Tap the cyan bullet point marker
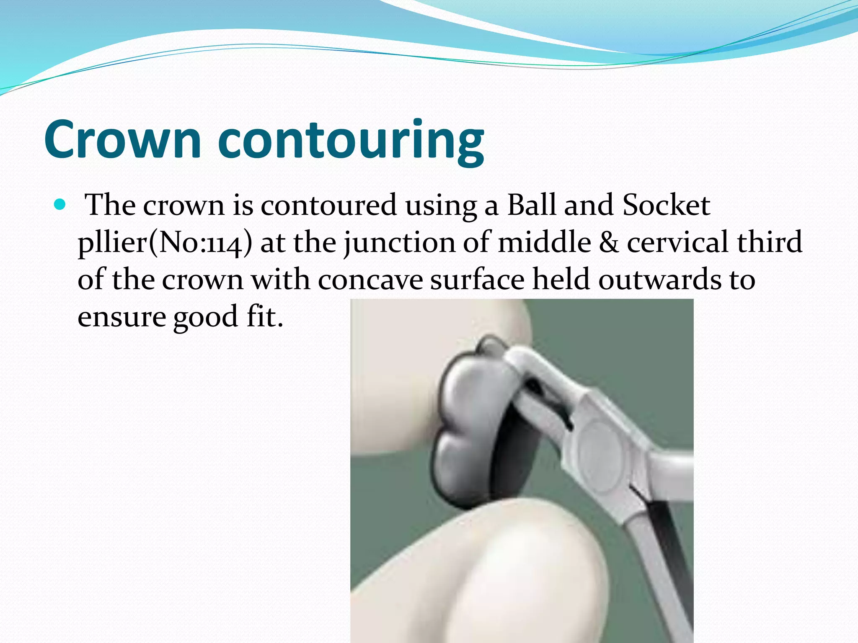tap(60, 205)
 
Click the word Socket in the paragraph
tap(666, 205)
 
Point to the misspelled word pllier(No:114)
tap(165, 243)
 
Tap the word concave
tap(370, 280)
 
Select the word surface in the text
tap(477, 280)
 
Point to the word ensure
tap(121, 317)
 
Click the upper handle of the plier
tap(670, 469)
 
